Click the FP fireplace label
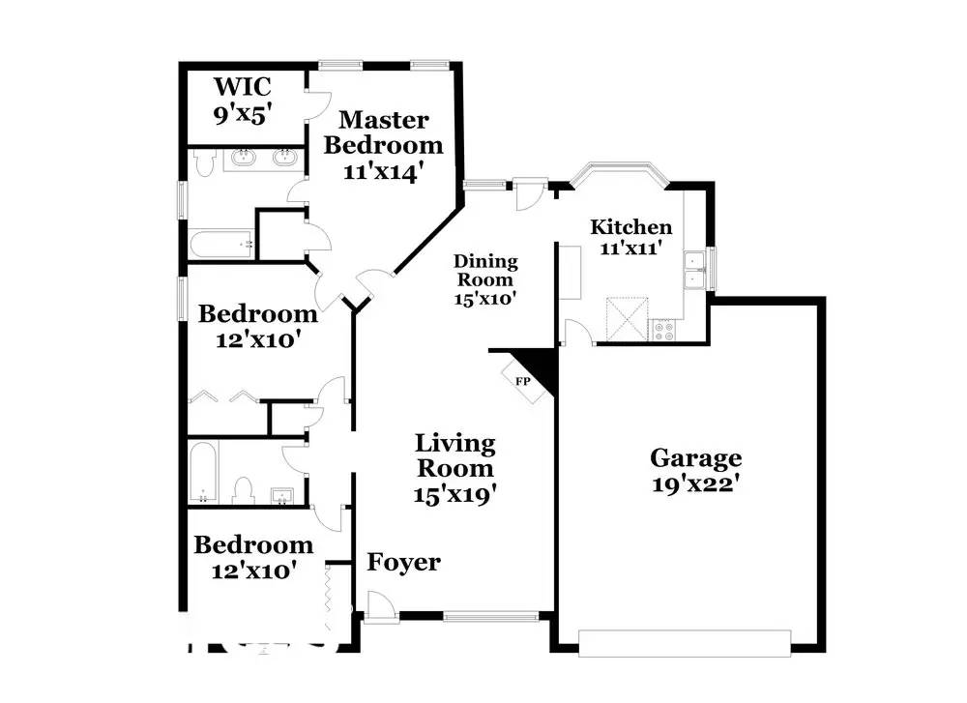[x=523, y=381]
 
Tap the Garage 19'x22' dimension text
[x=695, y=484]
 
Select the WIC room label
[x=243, y=87]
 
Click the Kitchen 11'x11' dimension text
[x=630, y=249]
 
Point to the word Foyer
[x=403, y=563]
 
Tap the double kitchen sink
[x=695, y=270]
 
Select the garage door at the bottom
[x=685, y=643]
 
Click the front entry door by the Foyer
[x=379, y=605]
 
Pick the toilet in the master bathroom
[x=203, y=162]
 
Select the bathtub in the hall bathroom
[x=203, y=472]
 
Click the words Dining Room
[x=485, y=271]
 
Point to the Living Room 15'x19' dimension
[x=455, y=494]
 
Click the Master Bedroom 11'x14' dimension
[x=384, y=171]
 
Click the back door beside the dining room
[x=529, y=193]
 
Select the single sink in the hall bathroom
[x=283, y=495]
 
